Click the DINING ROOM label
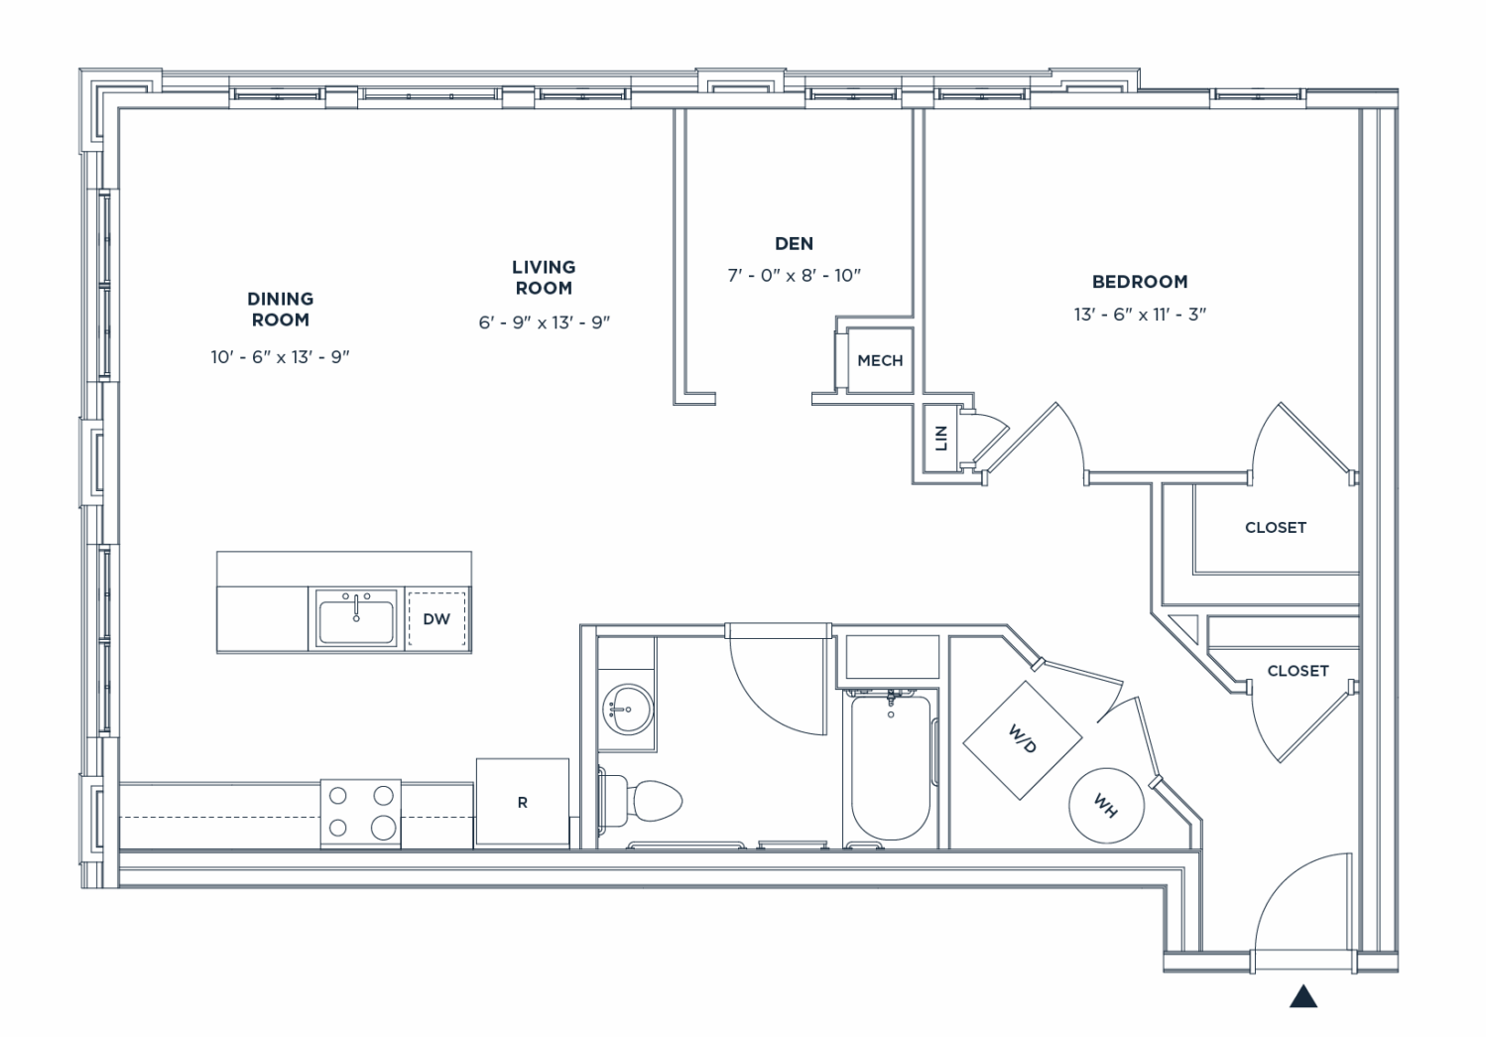coord(280,309)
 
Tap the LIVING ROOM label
coord(543,277)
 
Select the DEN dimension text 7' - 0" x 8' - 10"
coord(794,275)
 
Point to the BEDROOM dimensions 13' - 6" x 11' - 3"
coord(1139,315)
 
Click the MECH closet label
coord(880,360)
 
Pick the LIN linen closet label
coord(941,438)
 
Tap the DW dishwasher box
coord(436,618)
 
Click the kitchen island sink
coord(356,618)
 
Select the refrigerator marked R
coord(522,802)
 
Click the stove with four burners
coord(360,813)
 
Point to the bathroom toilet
coord(644,799)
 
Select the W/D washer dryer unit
coord(1022,739)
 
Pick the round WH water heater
coord(1106,806)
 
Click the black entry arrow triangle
coord(1302,996)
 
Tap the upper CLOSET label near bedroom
coord(1275,527)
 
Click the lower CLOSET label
coord(1298,671)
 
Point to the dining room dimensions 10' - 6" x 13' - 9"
coord(280,356)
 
